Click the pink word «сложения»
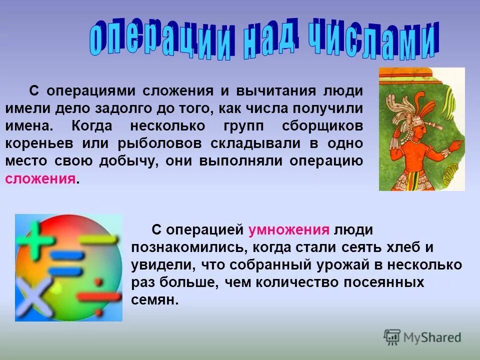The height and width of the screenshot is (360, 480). tap(41, 179)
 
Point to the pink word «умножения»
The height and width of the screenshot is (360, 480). tap(289, 230)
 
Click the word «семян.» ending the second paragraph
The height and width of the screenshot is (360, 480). tap(155, 300)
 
